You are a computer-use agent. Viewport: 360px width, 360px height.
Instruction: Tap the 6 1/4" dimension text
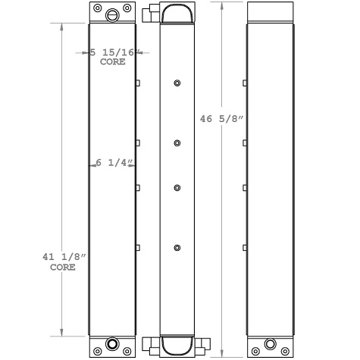114,163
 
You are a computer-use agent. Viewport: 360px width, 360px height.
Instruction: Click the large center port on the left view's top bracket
113,14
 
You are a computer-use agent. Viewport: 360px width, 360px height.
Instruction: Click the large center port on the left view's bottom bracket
113,346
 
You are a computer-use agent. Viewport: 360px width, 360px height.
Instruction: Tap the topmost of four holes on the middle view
177,83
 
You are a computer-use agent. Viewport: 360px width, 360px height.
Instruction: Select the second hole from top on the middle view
177,143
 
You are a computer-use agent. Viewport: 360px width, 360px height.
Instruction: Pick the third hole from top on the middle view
177,187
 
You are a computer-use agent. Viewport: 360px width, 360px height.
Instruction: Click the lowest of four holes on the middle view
177,248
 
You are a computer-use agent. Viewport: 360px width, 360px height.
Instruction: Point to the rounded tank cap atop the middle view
177,13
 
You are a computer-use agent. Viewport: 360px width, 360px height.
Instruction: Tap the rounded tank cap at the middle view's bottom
177,346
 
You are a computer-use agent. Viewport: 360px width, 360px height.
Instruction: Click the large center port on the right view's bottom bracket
271,346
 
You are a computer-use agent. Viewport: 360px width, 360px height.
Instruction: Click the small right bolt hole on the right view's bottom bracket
286,352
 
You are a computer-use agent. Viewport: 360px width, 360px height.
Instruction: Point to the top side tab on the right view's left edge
245,83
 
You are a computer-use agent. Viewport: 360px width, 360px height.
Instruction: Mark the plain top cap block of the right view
271,11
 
